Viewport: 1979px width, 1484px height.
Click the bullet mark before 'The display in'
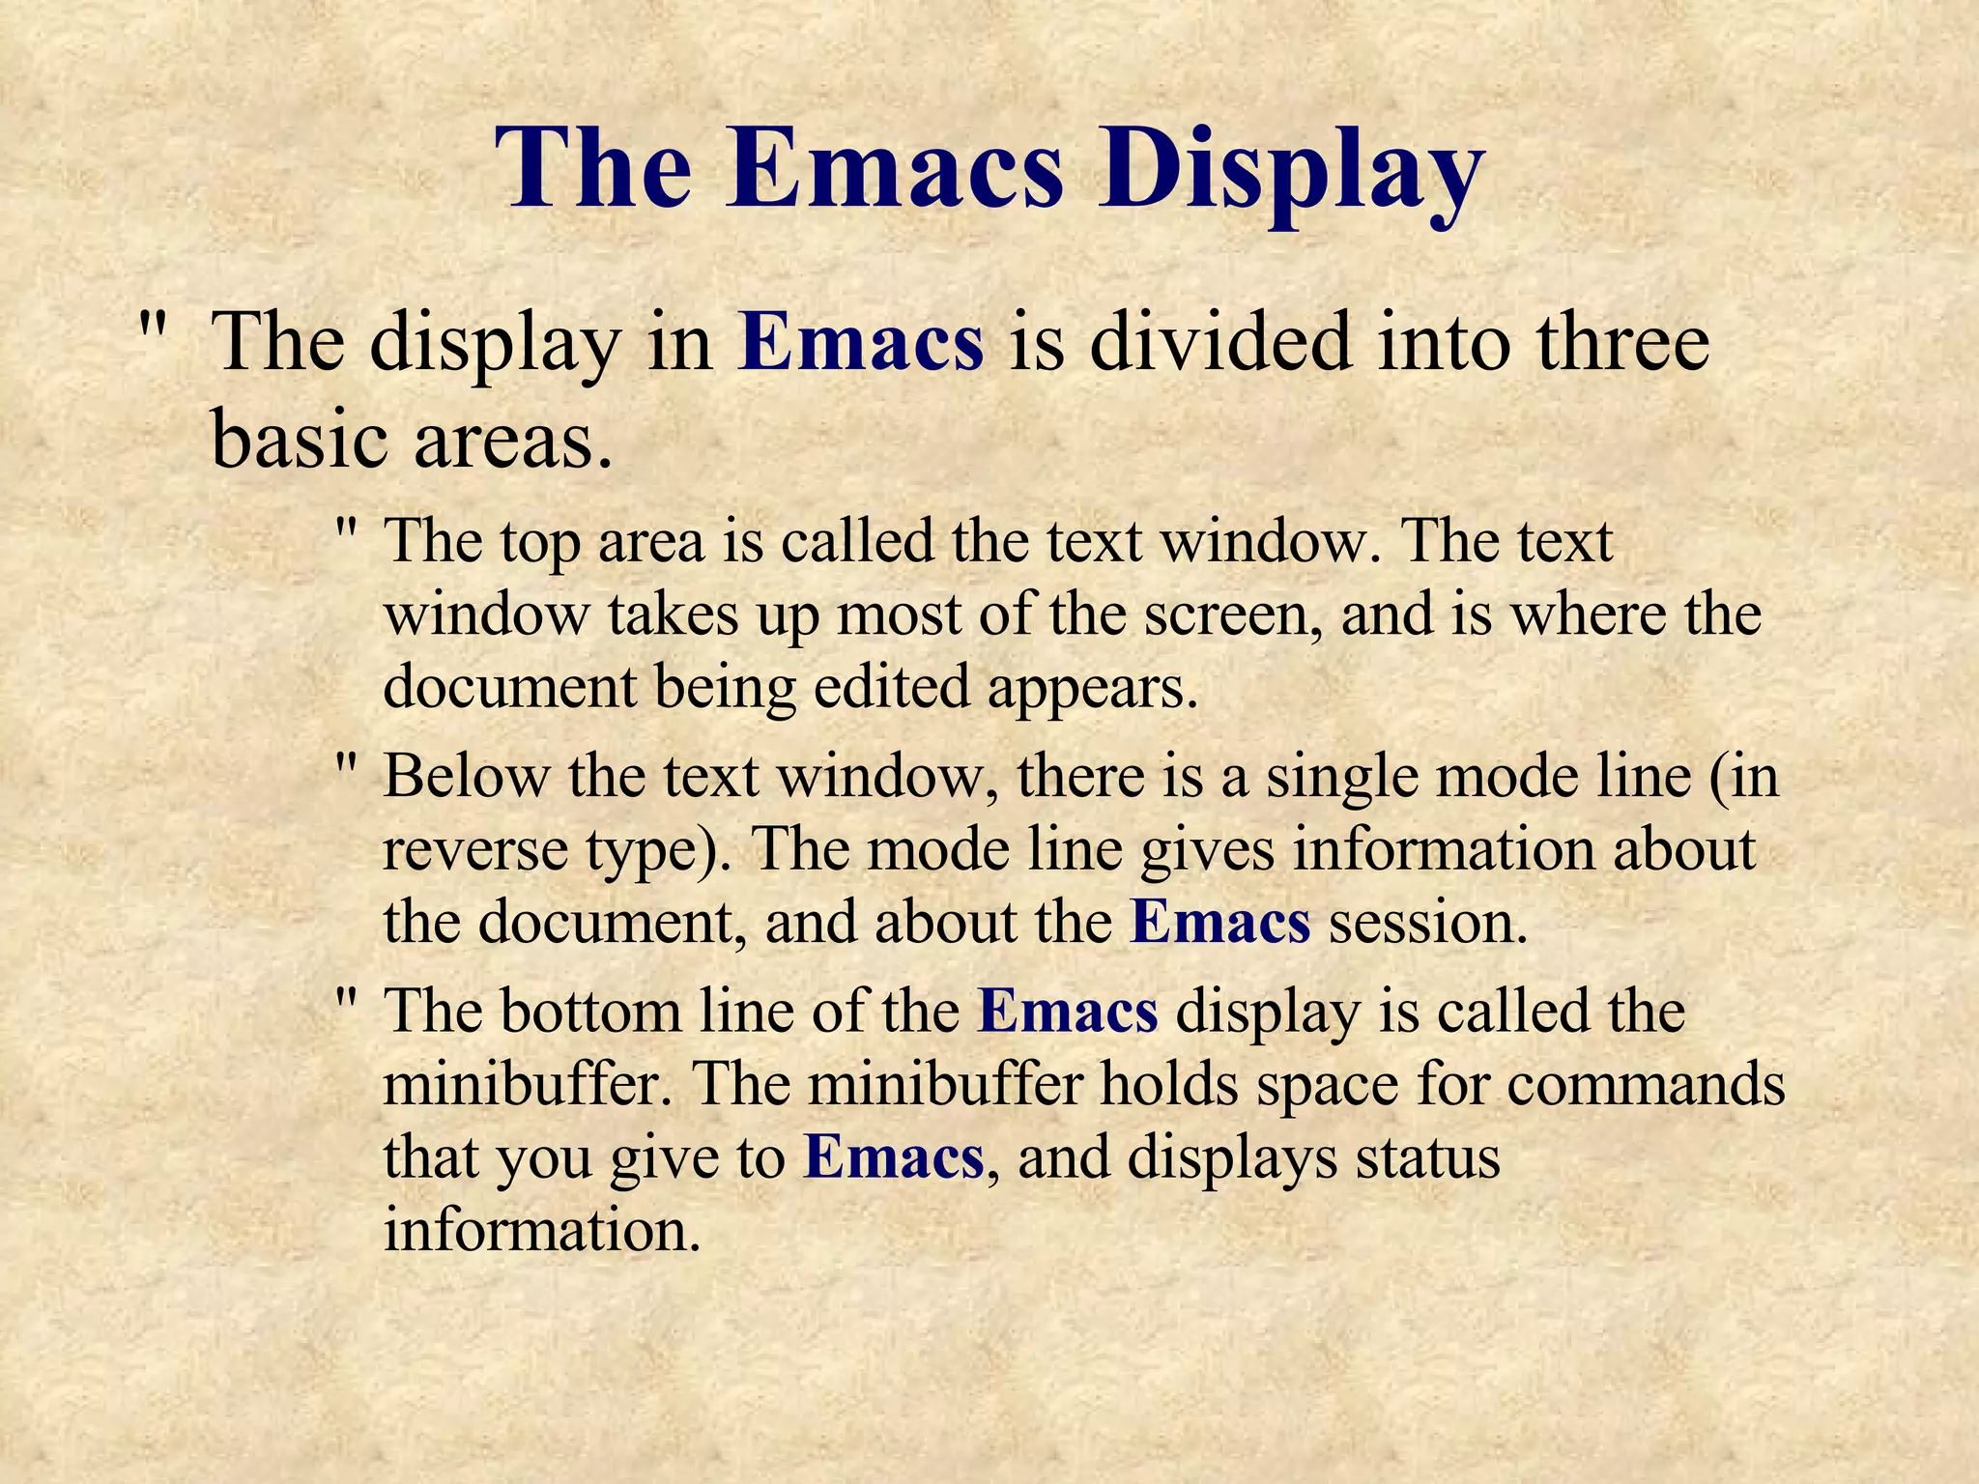[152, 324]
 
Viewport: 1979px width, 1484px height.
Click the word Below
[466, 775]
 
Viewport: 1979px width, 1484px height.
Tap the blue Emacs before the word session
[1220, 922]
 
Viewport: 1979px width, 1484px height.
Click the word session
[1428, 923]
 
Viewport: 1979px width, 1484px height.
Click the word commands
[1644, 1085]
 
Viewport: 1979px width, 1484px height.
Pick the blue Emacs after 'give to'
[893, 1157]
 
